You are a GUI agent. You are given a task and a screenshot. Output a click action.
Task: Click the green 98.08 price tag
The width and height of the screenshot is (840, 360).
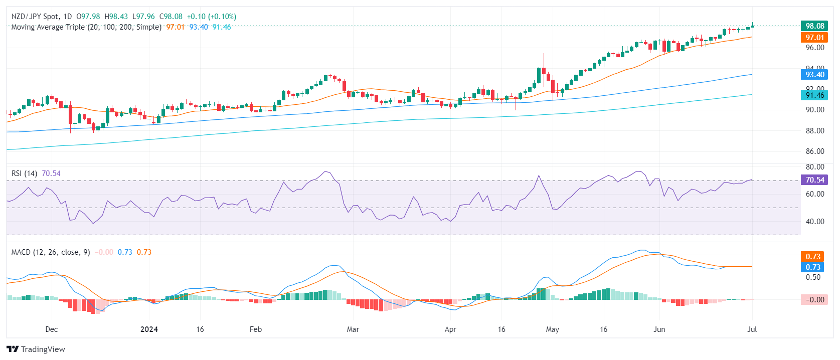(x=814, y=26)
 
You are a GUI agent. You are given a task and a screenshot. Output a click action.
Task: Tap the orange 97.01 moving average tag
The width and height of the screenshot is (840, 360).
(x=814, y=38)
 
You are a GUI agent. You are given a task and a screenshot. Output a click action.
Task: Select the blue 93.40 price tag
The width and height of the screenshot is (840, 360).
(x=814, y=75)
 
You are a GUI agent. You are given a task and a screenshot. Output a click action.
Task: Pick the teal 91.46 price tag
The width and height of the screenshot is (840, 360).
(x=814, y=95)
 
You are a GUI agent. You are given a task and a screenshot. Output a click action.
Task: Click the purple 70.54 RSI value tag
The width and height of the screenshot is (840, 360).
(x=814, y=180)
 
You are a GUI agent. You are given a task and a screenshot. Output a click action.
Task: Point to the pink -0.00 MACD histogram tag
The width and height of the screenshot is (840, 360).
(x=814, y=300)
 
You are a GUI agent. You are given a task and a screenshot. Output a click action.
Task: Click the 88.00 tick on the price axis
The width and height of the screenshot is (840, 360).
(x=814, y=131)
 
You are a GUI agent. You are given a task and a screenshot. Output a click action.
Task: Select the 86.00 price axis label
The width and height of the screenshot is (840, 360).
(x=814, y=151)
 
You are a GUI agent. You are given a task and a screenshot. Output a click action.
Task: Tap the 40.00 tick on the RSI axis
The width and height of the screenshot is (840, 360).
(x=814, y=222)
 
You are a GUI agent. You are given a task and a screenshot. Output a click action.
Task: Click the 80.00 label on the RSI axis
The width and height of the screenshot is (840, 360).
(x=814, y=167)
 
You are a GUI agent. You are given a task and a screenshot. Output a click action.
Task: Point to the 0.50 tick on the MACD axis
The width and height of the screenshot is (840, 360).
(x=813, y=277)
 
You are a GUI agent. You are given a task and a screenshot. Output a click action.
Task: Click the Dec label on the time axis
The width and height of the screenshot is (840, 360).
(x=52, y=329)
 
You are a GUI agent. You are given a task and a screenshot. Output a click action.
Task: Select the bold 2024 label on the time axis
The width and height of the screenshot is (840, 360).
(x=149, y=329)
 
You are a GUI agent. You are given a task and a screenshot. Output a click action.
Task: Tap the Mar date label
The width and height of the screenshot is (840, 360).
(x=353, y=329)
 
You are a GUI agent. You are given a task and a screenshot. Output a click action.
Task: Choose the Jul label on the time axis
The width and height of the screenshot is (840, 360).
(x=752, y=329)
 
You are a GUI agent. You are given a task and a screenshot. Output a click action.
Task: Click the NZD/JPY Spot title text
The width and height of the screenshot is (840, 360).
(x=36, y=17)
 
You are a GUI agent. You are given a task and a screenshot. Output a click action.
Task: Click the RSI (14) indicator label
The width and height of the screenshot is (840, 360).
(x=24, y=173)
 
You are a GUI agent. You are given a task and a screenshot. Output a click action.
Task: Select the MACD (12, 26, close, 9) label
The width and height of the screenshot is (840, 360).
(x=51, y=252)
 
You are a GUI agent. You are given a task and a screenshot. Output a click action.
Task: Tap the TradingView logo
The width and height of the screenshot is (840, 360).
(x=36, y=349)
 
